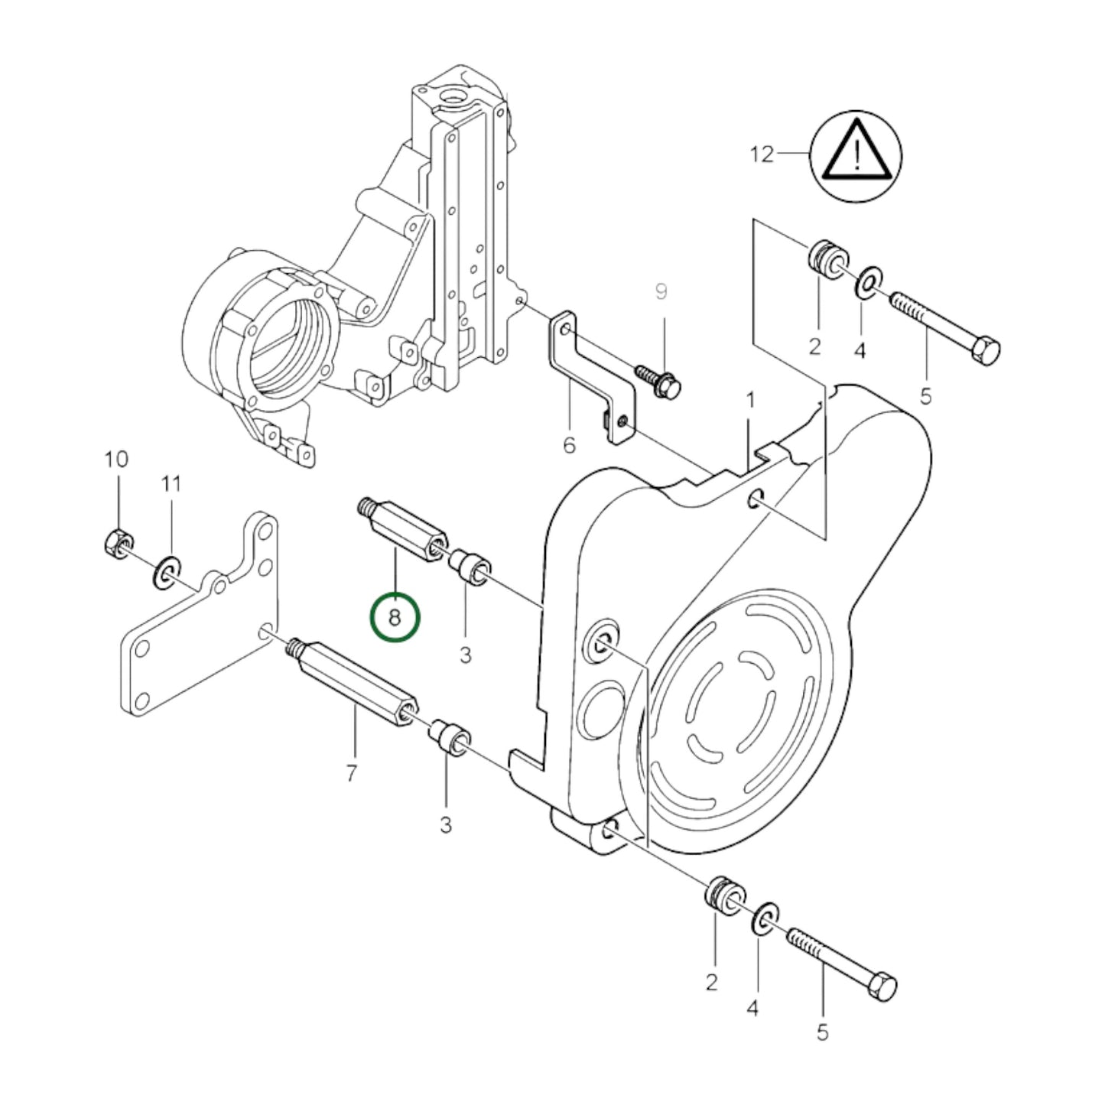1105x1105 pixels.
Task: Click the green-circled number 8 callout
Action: [x=395, y=617]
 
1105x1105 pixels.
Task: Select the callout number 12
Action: [x=762, y=154]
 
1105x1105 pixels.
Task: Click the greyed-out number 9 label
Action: [x=661, y=291]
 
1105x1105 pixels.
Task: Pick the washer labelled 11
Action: [x=165, y=574]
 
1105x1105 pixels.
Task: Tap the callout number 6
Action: [x=569, y=445]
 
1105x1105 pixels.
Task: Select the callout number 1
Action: [x=750, y=400]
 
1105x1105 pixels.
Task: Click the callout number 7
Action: [x=351, y=774]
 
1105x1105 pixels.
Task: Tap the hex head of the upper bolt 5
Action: [x=985, y=352]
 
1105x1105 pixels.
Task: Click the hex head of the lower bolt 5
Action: [x=882, y=986]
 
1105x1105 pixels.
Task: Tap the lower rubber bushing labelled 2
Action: [x=721, y=895]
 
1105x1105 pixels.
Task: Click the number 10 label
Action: [x=116, y=460]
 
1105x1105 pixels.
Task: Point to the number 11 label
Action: [x=171, y=483]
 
